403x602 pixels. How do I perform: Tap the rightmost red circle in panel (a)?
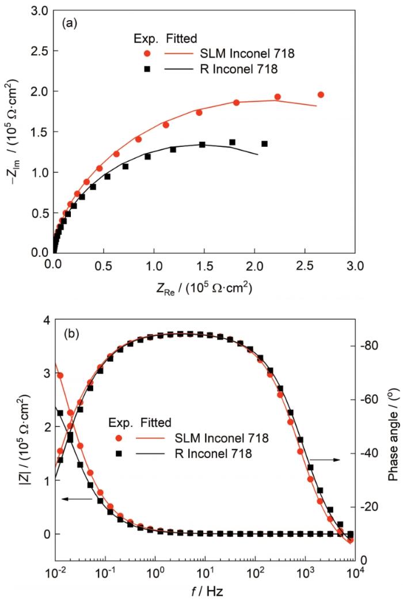(321, 94)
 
